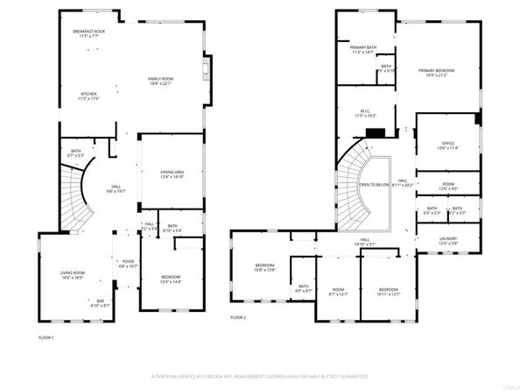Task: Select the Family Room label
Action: tap(160, 81)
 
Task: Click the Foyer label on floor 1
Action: tap(128, 262)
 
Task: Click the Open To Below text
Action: tap(374, 185)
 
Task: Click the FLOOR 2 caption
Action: tap(238, 317)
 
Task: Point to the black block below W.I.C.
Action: tap(376, 133)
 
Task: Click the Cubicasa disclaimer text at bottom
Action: tap(260, 375)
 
